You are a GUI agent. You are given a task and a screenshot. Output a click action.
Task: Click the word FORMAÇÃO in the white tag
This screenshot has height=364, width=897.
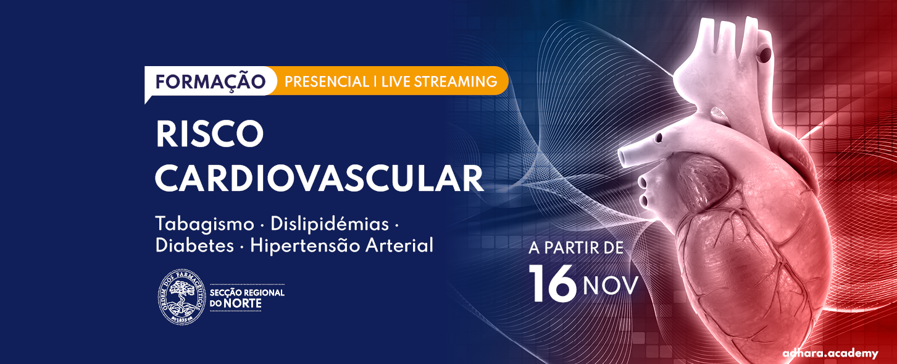pos(211,82)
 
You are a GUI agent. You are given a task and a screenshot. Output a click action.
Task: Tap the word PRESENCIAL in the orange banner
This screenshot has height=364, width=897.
pos(327,82)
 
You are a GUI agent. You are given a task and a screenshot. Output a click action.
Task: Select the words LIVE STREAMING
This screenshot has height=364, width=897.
pos(440,82)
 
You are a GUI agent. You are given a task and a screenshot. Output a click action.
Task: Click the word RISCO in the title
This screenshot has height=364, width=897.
pos(209,134)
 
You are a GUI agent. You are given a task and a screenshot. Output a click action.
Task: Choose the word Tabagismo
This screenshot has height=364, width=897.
pos(204,224)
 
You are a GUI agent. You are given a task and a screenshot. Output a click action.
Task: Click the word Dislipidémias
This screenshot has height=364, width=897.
pos(330,224)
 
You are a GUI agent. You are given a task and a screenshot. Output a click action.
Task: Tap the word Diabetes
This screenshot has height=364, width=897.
pos(194,245)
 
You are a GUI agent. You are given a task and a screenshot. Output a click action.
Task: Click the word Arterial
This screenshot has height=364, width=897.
pos(399,245)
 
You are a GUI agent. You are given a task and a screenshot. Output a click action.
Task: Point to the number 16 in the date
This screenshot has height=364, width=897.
pos(553,284)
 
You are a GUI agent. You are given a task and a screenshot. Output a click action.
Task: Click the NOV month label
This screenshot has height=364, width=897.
pos(611,286)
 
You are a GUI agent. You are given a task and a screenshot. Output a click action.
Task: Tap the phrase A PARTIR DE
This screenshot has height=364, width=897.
pos(576,248)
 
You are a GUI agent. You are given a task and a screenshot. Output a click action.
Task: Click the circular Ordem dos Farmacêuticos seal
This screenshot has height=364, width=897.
pos(181,297)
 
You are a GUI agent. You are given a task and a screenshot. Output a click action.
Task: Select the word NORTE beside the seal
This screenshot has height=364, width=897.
pos(242,303)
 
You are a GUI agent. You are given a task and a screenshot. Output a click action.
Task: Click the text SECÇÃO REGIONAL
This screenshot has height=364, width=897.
pos(247,293)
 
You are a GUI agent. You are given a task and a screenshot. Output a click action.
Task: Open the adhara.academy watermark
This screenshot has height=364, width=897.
pos(830,353)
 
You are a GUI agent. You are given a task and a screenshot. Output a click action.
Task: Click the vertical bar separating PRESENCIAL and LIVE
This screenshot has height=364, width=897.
pos(375,82)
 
